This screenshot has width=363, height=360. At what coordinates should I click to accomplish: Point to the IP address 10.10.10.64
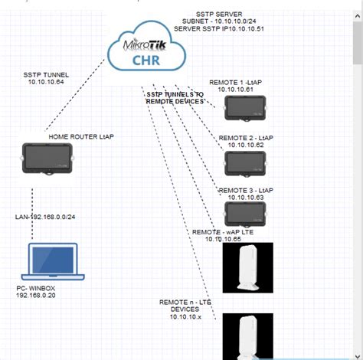coord(47,82)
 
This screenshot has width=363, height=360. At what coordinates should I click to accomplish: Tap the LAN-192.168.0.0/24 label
coord(46,218)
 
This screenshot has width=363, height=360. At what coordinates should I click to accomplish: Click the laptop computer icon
coord(52,263)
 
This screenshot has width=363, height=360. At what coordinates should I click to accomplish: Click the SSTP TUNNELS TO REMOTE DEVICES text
coord(176,97)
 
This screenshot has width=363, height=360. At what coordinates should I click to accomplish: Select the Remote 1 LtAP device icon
coord(244,109)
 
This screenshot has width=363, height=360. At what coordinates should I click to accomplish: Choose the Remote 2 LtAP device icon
coord(244,162)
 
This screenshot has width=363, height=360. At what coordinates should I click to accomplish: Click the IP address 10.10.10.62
coord(246,144)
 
